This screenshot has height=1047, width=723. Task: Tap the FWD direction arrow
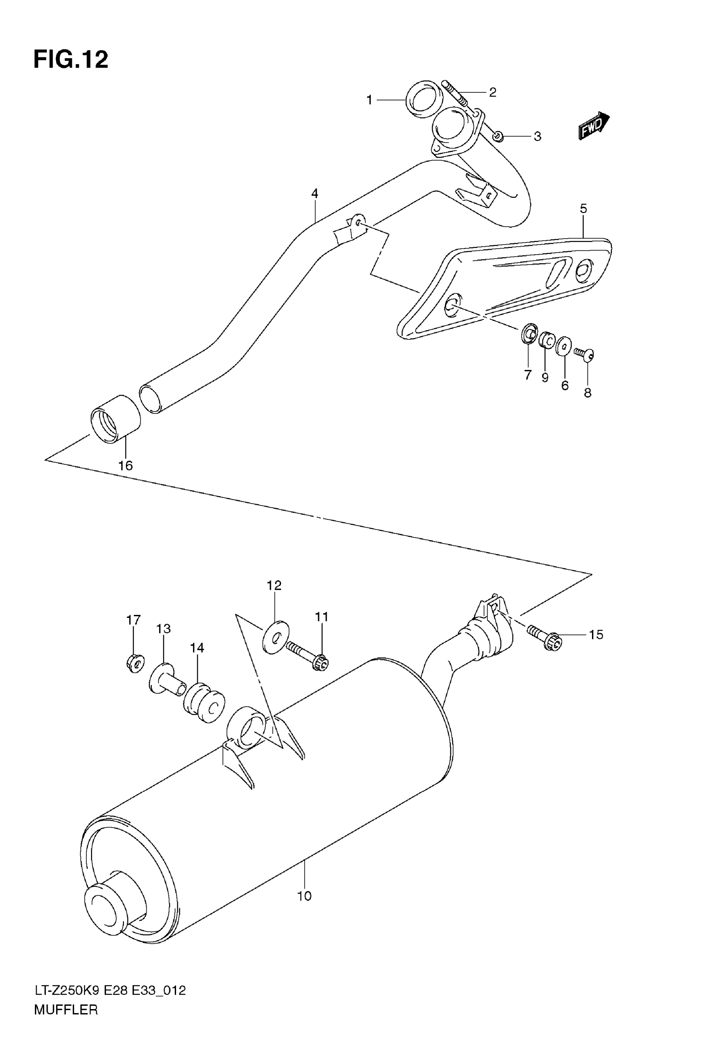(594, 125)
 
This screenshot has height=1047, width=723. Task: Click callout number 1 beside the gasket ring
(369, 100)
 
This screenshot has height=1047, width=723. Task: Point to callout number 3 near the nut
(537, 137)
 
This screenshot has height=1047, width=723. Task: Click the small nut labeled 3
(497, 135)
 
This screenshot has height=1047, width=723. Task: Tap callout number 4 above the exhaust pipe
(314, 194)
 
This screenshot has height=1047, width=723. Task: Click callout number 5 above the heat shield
(583, 209)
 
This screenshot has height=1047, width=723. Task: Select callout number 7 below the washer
(527, 375)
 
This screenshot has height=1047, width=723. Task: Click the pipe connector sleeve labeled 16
(116, 419)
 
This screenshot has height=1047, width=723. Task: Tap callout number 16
(125, 466)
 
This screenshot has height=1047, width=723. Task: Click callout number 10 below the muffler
(305, 896)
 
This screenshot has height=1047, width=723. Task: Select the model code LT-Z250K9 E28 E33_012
(110, 991)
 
